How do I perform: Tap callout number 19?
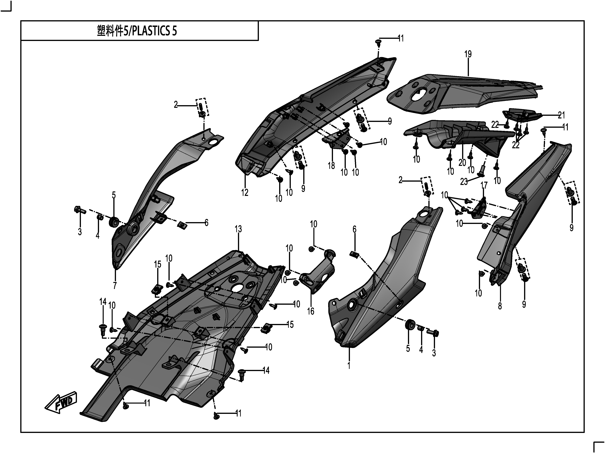tap(468, 54)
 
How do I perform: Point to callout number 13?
tap(238, 229)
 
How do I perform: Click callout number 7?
tap(115, 285)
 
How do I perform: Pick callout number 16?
tap(311, 311)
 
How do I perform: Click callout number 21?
tap(561, 115)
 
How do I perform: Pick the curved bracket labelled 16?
tap(317, 276)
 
